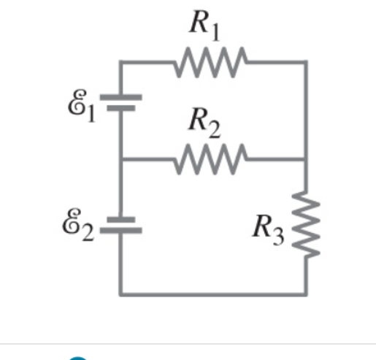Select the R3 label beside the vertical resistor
(266, 229)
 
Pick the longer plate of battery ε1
(121, 97)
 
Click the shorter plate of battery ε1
(121, 108)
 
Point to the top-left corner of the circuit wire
(121, 63)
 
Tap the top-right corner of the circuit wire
(306, 63)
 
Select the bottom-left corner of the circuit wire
(121, 294)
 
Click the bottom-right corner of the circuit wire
(306, 294)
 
